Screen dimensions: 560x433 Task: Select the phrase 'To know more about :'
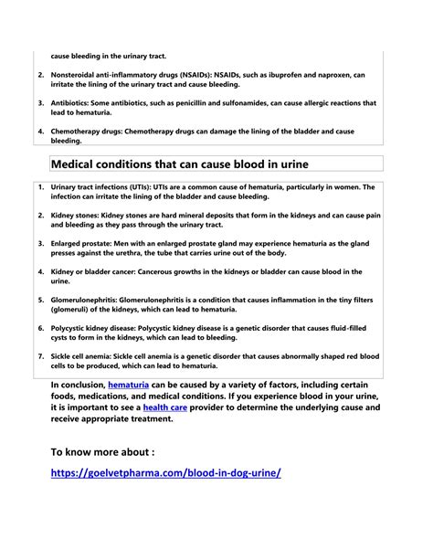coord(102,450)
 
